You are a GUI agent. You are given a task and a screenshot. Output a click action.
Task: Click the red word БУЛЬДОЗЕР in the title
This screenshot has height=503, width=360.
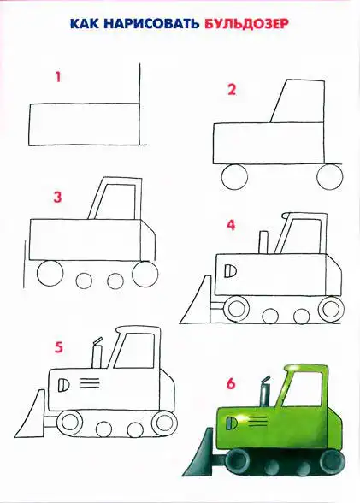point(246,24)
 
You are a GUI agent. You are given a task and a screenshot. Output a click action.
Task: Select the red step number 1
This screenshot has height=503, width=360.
point(58,77)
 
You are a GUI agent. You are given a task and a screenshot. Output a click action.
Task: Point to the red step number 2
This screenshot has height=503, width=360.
point(232,90)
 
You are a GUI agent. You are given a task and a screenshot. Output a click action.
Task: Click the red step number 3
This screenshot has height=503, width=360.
point(57,197)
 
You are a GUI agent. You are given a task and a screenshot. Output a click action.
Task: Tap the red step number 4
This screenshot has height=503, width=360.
point(231,225)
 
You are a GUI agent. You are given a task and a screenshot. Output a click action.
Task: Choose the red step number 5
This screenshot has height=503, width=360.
point(59,347)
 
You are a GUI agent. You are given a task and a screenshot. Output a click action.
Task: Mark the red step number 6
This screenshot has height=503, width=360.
point(231,383)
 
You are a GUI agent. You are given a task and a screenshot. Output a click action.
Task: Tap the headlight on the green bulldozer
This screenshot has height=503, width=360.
point(232,423)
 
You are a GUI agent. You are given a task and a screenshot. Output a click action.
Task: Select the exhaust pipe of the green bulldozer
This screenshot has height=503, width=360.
point(265,392)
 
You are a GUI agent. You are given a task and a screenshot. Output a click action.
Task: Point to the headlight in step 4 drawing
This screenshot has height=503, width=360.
point(231,271)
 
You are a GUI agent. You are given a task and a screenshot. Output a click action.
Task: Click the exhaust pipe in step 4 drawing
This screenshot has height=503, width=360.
point(263,242)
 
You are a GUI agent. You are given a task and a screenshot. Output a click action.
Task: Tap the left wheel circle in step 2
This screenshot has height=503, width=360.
point(234,177)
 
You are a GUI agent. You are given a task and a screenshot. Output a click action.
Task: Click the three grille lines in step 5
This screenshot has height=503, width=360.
point(90,383)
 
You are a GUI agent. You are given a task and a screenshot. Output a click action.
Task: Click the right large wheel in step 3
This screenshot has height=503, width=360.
point(145,275)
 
